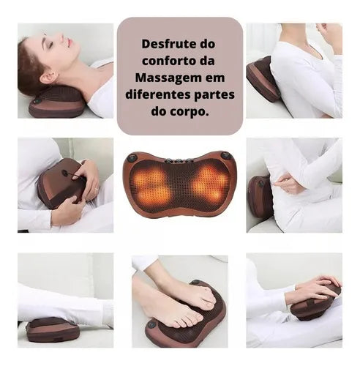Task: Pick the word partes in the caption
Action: tap(214, 95)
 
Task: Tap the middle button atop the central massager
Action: tap(179, 161)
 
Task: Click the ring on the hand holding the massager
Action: tap(97, 189)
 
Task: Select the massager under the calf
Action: tap(53, 329)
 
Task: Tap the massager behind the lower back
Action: tap(259, 197)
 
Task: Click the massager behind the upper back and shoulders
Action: tap(263, 79)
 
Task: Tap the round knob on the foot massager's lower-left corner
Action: tap(152, 325)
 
